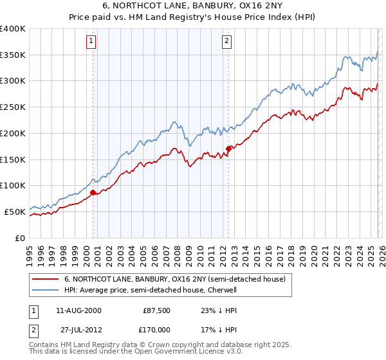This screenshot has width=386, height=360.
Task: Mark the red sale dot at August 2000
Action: coord(93,192)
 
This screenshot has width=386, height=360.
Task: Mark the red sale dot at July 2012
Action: coord(228,148)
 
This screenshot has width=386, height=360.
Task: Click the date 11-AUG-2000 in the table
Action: coord(78,310)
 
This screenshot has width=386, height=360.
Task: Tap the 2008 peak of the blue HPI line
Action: coord(173,121)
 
